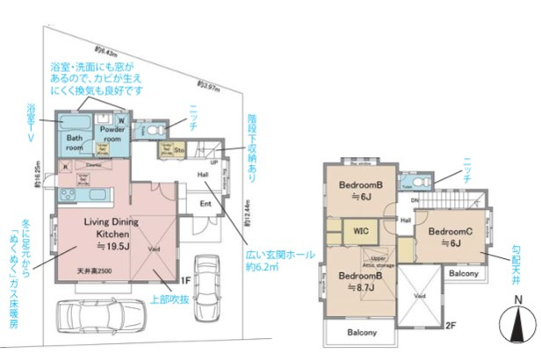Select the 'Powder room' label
coord(114,133)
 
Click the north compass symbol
coord(519,326)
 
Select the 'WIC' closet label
coord(360,233)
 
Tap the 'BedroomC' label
coord(450,232)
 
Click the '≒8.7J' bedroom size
coord(360,287)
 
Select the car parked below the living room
coord(99,314)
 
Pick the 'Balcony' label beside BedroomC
coord(463,274)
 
